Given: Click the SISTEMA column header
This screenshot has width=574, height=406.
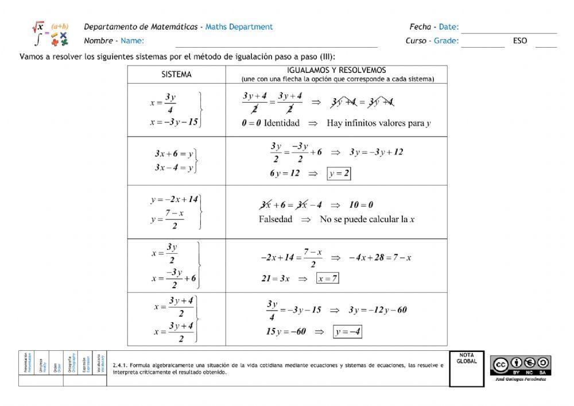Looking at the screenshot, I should [176, 75].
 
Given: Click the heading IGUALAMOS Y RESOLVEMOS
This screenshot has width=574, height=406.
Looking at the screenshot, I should [337, 71].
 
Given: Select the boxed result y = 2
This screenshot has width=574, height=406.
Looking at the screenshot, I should [339, 173].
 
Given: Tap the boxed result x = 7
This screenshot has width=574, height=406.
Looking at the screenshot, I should [328, 279].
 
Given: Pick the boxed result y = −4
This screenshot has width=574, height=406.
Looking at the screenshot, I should [348, 331].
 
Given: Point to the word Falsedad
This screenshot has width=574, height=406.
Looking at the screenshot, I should [276, 219].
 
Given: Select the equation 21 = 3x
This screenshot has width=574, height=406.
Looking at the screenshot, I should [276, 279].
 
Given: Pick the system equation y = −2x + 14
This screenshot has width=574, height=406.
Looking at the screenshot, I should [174, 200].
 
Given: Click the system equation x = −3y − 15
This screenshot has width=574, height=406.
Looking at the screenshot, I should [174, 122].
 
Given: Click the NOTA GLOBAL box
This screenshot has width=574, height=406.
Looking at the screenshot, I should [466, 369].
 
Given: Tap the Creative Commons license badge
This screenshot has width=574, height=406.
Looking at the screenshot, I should [521, 364].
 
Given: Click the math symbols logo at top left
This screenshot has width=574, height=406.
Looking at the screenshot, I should [50, 34].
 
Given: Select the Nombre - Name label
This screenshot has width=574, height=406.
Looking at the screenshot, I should [114, 41].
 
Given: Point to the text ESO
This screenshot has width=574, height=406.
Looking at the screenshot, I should [520, 41].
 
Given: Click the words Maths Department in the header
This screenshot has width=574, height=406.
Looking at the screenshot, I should [239, 27].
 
